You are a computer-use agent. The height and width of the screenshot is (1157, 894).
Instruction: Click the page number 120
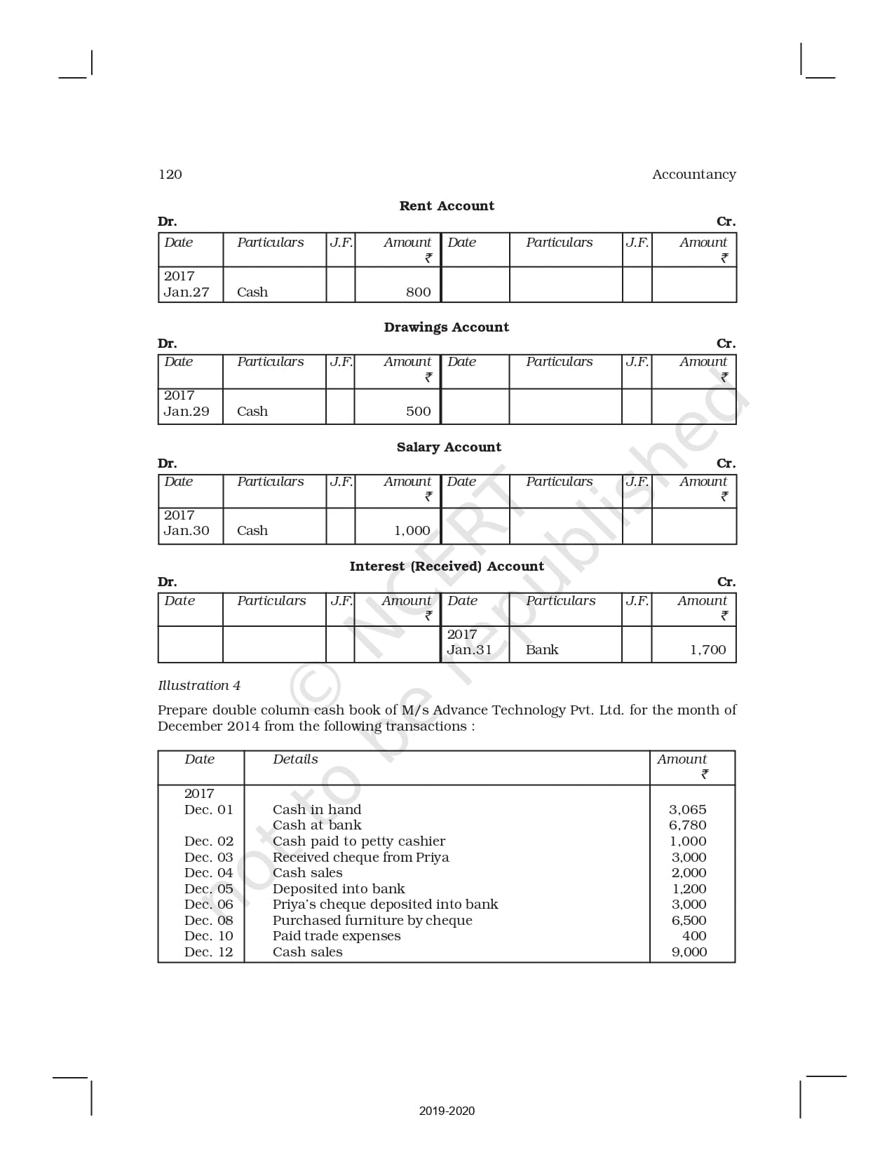point(170,175)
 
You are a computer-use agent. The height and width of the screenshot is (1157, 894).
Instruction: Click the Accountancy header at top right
point(693,175)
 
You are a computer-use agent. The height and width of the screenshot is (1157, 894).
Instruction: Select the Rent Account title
point(447,206)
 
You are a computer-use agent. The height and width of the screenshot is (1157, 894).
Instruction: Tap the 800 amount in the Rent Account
point(418,292)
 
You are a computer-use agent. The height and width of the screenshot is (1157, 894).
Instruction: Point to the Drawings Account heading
point(446,327)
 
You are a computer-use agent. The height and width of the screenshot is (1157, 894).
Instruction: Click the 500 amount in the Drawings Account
point(418,412)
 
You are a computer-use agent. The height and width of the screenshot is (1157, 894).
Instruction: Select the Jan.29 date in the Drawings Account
point(187,412)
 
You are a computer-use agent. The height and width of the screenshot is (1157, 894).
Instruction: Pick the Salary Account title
point(449,447)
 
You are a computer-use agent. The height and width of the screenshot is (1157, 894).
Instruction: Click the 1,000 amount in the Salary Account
point(412,531)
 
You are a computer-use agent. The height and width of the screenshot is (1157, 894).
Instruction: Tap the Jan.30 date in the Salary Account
point(187,531)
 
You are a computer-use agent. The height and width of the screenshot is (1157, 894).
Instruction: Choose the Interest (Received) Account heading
point(447,567)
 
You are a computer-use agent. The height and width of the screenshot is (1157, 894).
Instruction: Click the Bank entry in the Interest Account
point(542,650)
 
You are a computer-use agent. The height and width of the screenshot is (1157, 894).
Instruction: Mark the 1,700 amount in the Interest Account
point(707,650)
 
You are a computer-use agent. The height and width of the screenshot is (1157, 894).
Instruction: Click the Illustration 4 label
point(199,686)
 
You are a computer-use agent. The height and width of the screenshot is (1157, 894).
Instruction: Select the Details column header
point(295,759)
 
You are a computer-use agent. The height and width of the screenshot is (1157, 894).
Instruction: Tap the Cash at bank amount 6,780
point(687,825)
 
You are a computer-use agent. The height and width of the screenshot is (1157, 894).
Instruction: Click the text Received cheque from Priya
point(360,858)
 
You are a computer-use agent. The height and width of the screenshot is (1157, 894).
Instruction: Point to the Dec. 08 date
point(208,921)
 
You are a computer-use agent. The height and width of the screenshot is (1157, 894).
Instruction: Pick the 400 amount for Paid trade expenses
point(694,936)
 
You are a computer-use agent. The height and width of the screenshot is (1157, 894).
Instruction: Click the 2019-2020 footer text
point(447,1111)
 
